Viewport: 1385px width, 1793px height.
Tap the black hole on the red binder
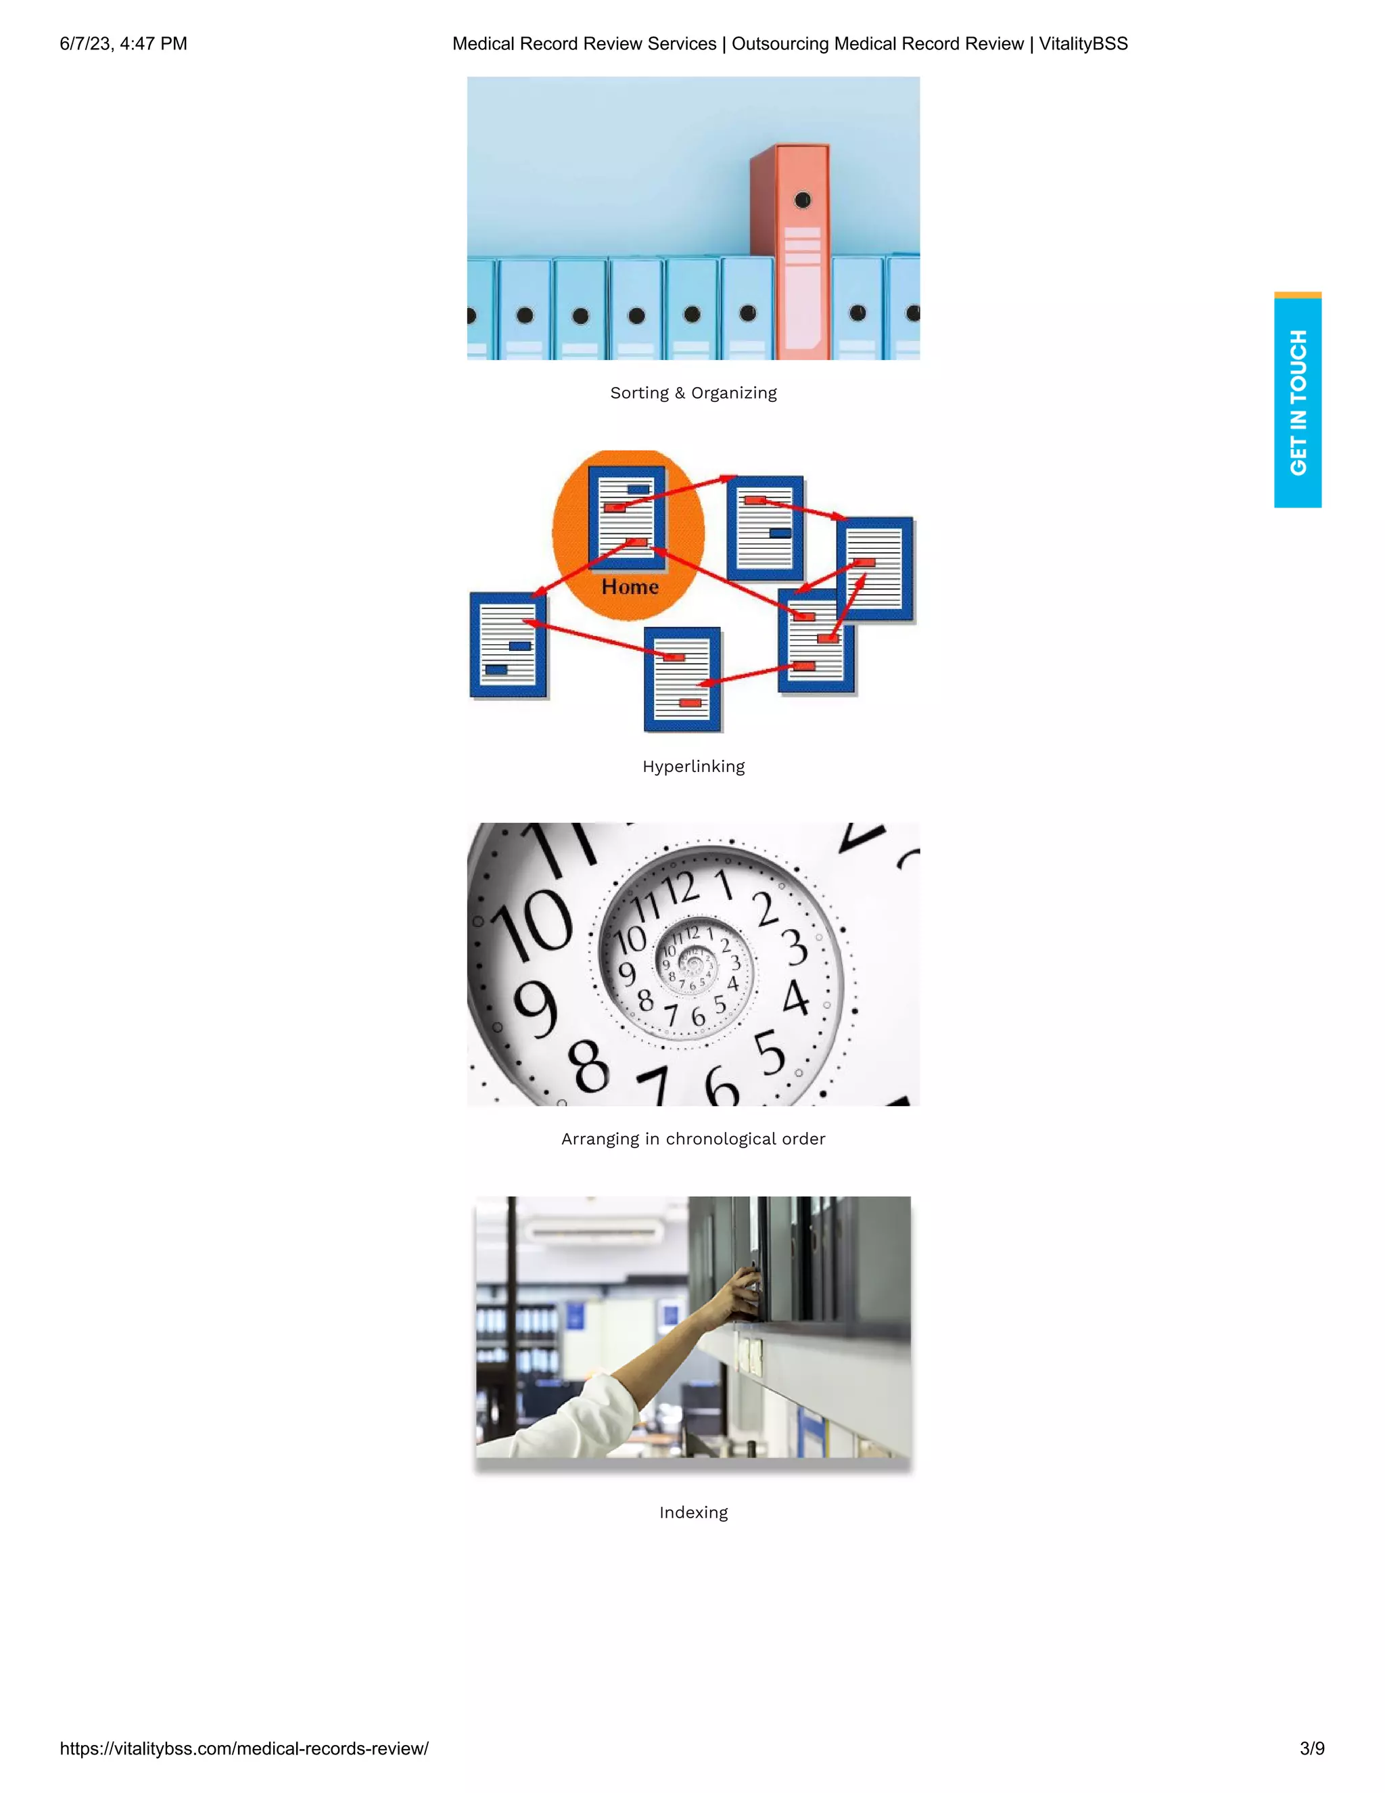coord(803,200)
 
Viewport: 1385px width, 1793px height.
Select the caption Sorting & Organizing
coord(693,393)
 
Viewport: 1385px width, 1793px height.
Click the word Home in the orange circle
coord(630,587)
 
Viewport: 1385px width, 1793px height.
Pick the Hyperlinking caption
coord(693,767)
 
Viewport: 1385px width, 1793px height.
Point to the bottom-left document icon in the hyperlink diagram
coord(508,645)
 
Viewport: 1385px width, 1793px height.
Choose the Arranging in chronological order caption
coord(693,1139)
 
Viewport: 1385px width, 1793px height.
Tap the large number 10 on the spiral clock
coord(534,928)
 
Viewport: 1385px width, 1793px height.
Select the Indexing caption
coord(693,1513)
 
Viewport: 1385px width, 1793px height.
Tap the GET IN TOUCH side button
coord(1297,403)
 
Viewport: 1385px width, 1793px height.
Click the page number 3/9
coord(1312,1748)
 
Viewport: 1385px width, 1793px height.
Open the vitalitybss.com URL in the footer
coord(243,1748)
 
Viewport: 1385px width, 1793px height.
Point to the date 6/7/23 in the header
coord(85,43)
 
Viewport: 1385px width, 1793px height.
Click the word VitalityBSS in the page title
coord(1083,43)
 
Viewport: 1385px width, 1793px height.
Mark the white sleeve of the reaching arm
coord(591,1412)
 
